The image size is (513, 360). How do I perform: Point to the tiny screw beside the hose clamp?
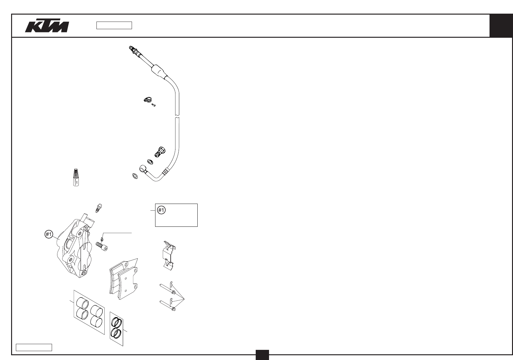[x=154, y=105]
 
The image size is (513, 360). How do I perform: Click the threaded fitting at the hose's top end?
[x=132, y=49]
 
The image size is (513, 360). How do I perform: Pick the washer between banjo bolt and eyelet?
[x=150, y=162]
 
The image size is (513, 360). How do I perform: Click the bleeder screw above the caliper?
[x=98, y=208]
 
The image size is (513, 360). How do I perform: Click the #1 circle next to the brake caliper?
[x=48, y=234]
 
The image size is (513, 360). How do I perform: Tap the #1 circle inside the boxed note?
[x=161, y=210]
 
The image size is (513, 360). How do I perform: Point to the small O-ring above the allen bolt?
[x=101, y=239]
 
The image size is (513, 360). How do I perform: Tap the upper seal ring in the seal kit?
[x=116, y=322]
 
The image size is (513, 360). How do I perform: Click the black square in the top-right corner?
[x=501, y=26]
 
